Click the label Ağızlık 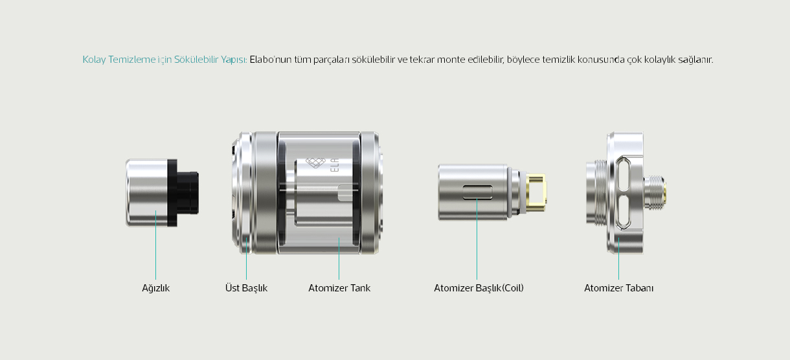156,288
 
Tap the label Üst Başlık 246,288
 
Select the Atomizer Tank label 339,288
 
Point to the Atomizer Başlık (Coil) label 479,288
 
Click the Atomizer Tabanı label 618,288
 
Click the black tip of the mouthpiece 188,192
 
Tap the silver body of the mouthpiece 147,192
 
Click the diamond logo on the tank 315,163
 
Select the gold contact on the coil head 536,192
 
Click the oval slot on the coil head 477,192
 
